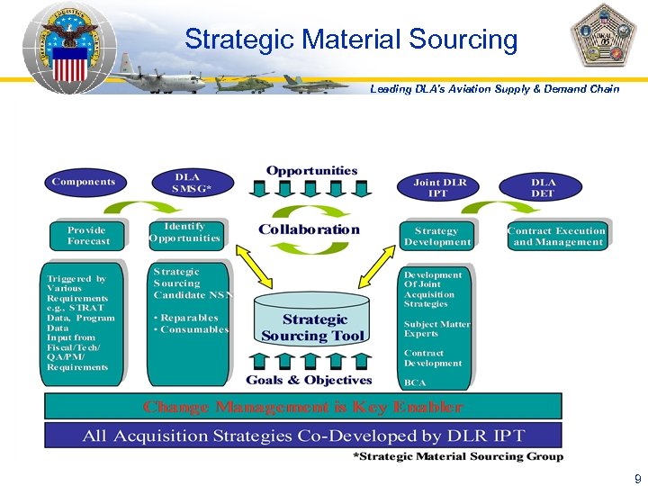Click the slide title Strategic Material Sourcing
351,40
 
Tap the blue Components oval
83,183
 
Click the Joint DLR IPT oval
439,187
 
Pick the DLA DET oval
544,187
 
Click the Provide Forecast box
88,236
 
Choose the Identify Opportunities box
185,232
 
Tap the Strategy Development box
437,236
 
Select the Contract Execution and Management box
557,236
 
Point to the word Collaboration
309,229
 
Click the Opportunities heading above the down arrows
311,170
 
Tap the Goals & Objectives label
309,381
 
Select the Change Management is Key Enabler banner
303,407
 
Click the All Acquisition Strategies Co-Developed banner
303,436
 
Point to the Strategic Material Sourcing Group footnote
459,456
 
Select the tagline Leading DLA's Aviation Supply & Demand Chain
495,89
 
